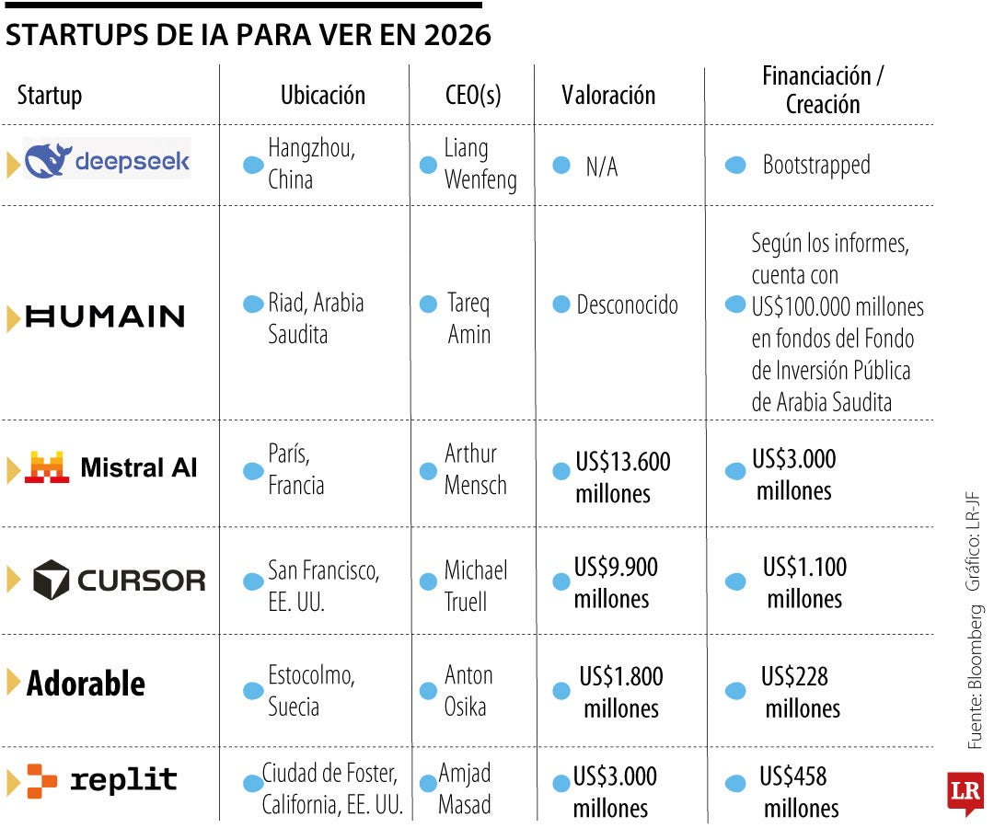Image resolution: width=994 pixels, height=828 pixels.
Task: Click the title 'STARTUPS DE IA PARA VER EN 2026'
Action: pos(248,35)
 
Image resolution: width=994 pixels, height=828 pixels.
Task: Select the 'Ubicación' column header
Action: pos(322,95)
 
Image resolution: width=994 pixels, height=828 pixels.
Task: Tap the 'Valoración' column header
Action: pos(608,95)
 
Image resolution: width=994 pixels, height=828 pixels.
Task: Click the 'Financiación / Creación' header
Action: pos(822,89)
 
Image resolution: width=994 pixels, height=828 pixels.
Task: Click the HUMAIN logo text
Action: pos(105,316)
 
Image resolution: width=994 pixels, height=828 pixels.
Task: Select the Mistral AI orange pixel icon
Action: pos(47,467)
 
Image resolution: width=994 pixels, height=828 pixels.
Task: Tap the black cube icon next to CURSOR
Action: pos(52,580)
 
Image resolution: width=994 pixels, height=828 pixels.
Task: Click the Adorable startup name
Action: pos(86,684)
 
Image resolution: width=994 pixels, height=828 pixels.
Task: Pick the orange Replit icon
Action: pos(42,780)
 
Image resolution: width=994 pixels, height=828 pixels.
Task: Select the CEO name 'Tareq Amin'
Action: pos(468,318)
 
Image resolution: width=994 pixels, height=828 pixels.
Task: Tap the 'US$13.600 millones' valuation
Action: pos(622,477)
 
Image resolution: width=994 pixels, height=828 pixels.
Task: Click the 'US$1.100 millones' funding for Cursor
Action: pos(804,582)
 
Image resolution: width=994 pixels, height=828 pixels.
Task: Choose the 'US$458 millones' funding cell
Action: pos(800,792)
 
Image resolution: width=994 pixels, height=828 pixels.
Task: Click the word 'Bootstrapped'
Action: pos(815,166)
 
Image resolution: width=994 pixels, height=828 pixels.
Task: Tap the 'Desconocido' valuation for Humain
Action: pos(627,305)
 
